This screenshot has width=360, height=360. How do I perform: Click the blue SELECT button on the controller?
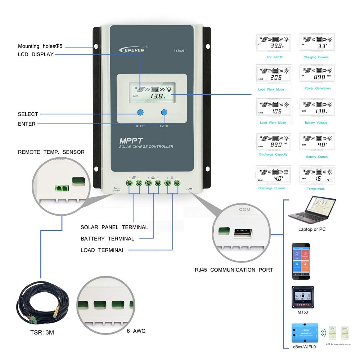(x=140, y=112)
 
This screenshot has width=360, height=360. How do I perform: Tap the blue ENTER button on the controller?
(x=164, y=112)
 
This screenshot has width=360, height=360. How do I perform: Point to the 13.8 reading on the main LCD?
(x=158, y=96)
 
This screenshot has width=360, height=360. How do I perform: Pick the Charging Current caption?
(x=316, y=57)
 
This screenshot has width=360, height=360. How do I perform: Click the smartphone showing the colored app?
(x=301, y=261)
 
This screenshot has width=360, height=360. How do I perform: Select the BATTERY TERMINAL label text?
(x=107, y=239)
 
